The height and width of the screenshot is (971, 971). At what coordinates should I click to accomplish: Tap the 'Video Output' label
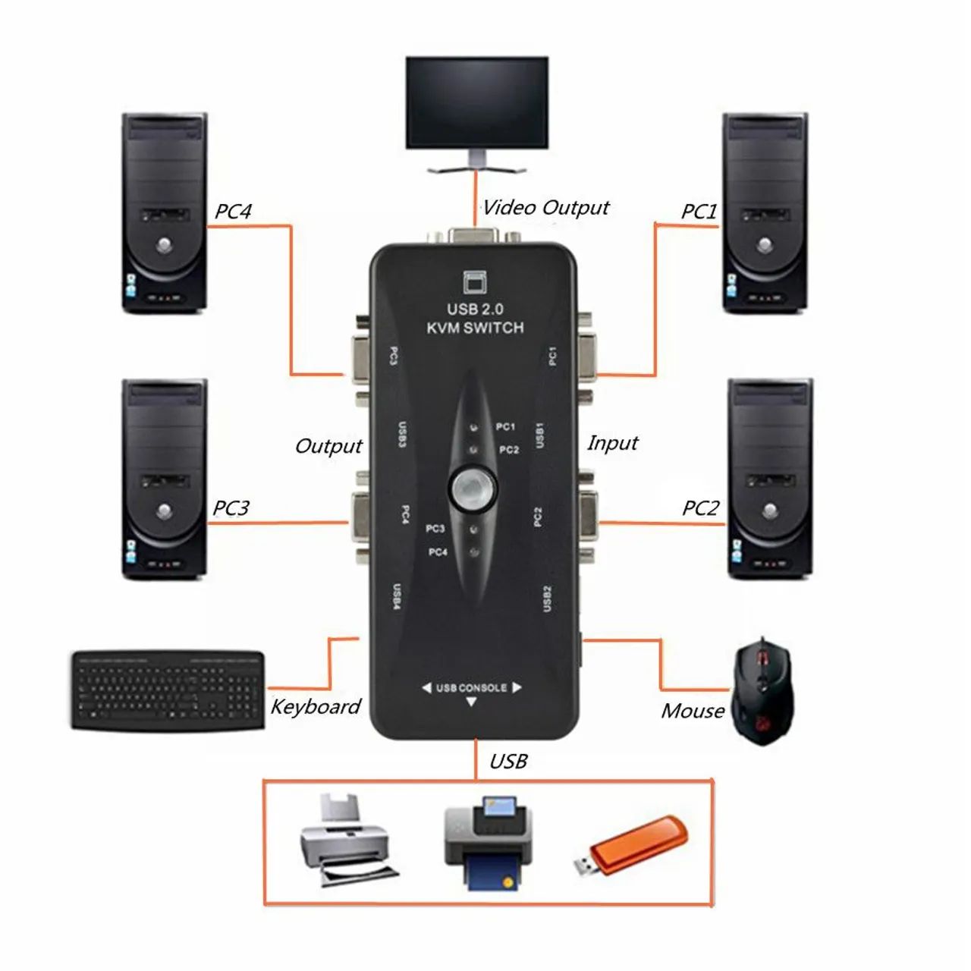(x=545, y=208)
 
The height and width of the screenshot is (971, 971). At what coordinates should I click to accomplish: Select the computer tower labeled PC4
(x=164, y=213)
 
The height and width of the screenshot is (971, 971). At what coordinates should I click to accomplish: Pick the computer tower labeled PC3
(x=165, y=479)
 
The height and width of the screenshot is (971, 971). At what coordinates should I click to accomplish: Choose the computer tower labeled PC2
(x=769, y=479)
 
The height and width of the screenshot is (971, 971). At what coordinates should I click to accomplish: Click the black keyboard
(x=169, y=690)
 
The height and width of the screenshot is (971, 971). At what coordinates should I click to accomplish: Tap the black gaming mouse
(x=761, y=690)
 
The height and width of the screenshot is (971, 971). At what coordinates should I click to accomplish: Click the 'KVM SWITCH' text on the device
(x=475, y=328)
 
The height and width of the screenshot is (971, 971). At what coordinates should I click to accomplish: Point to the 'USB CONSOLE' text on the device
(x=471, y=688)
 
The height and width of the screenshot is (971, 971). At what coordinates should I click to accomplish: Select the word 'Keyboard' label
(x=316, y=707)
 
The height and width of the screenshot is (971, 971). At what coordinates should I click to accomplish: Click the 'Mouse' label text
(x=693, y=711)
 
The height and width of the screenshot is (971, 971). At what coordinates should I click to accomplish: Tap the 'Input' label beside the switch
(x=612, y=443)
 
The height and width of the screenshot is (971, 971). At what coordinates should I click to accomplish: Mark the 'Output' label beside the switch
(x=328, y=446)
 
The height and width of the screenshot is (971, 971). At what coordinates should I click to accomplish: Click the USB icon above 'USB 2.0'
(x=475, y=282)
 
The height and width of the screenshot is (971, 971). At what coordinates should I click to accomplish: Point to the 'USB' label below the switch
(x=508, y=762)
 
